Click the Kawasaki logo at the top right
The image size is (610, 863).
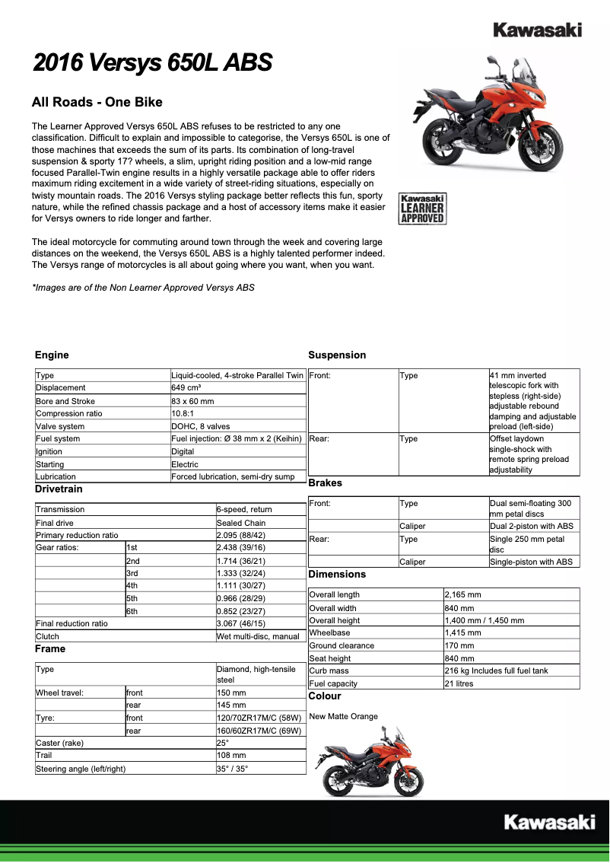[x=537, y=30]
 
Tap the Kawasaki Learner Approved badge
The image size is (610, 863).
[x=422, y=209]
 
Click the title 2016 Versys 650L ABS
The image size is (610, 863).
[x=152, y=62]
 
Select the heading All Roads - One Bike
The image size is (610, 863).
[x=97, y=103]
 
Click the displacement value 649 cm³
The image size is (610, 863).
[x=186, y=387]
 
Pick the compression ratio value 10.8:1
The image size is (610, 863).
[x=185, y=413]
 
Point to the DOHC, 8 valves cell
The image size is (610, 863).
[x=200, y=426]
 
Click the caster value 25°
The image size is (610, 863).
[x=223, y=743]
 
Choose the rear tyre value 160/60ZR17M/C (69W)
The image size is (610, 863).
[x=259, y=730]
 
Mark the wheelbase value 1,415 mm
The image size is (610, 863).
[x=462, y=632]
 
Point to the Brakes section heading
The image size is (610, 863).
[x=325, y=483]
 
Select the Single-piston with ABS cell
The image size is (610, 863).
[x=531, y=562]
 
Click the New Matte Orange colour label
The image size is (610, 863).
[x=343, y=716]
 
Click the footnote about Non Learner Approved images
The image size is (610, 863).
[x=143, y=288]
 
